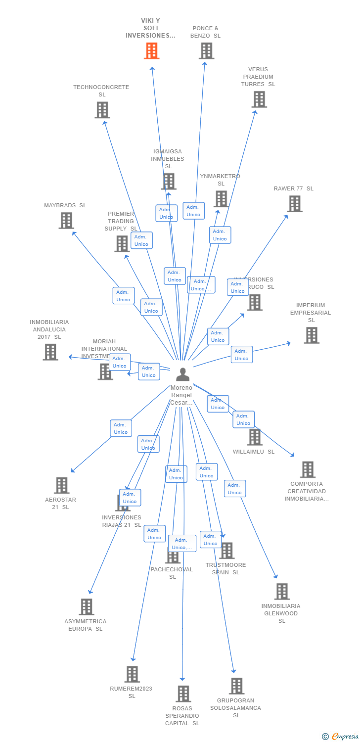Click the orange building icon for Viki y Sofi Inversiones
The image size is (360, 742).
(x=152, y=51)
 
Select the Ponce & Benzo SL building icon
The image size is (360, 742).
(x=206, y=51)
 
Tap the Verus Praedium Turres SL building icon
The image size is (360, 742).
(x=259, y=99)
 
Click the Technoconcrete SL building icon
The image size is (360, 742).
(x=102, y=110)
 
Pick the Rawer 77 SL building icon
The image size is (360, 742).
(x=294, y=204)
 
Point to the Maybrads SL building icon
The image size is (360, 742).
(x=66, y=221)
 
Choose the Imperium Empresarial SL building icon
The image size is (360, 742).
(x=311, y=335)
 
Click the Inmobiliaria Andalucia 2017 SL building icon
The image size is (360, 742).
(x=50, y=352)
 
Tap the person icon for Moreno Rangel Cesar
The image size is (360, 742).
(x=182, y=374)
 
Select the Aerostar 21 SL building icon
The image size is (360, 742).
(x=61, y=486)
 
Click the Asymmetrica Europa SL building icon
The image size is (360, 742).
(x=86, y=607)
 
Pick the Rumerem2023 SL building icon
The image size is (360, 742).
(x=132, y=674)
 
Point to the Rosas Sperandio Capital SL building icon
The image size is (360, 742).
(x=183, y=694)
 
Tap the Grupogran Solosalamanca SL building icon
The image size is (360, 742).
(x=236, y=686)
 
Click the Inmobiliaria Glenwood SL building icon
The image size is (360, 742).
(x=281, y=592)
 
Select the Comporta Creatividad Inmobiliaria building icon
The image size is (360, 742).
(x=307, y=469)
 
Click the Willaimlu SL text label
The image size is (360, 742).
(x=253, y=452)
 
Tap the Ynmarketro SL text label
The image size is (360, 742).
(x=220, y=180)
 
